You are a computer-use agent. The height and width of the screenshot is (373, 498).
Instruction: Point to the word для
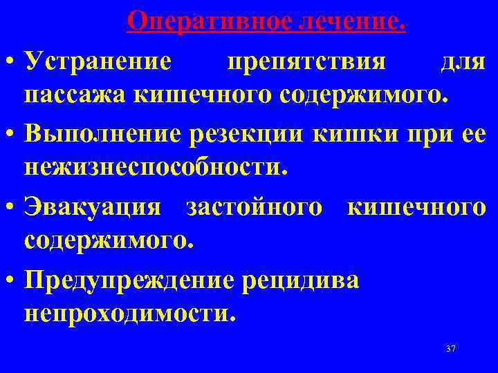[462, 64]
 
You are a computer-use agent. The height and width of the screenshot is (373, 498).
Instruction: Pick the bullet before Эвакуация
[10, 207]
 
